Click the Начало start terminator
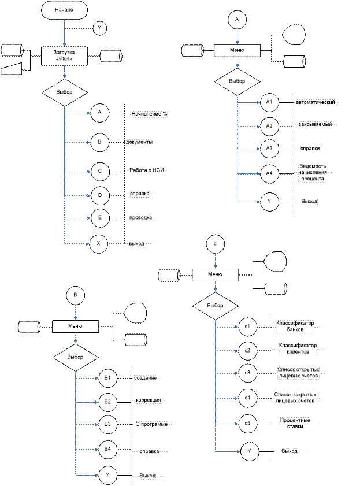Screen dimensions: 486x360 [x=64, y=10]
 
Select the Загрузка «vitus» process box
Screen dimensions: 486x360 [x=64, y=55]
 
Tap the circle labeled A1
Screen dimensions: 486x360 [x=269, y=102]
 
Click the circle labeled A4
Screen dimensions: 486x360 [x=269, y=173]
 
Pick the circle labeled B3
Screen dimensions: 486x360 [x=107, y=424]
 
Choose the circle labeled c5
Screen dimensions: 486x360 [x=247, y=423]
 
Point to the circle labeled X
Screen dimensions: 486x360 [x=99, y=244]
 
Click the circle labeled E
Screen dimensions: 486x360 [x=99, y=218]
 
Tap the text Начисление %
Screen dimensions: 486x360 [x=149, y=114]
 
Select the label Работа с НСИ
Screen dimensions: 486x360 [x=149, y=170]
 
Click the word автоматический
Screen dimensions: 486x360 [x=316, y=102]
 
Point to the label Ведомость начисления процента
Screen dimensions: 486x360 [x=313, y=172]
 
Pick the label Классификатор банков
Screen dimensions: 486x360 [x=295, y=327]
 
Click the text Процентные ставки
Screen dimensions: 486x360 [x=295, y=423]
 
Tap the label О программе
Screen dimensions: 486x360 [x=151, y=424]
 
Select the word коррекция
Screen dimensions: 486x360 [x=148, y=400]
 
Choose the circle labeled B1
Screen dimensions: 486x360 [x=107, y=378]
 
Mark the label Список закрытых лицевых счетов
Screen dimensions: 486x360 [x=296, y=398]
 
